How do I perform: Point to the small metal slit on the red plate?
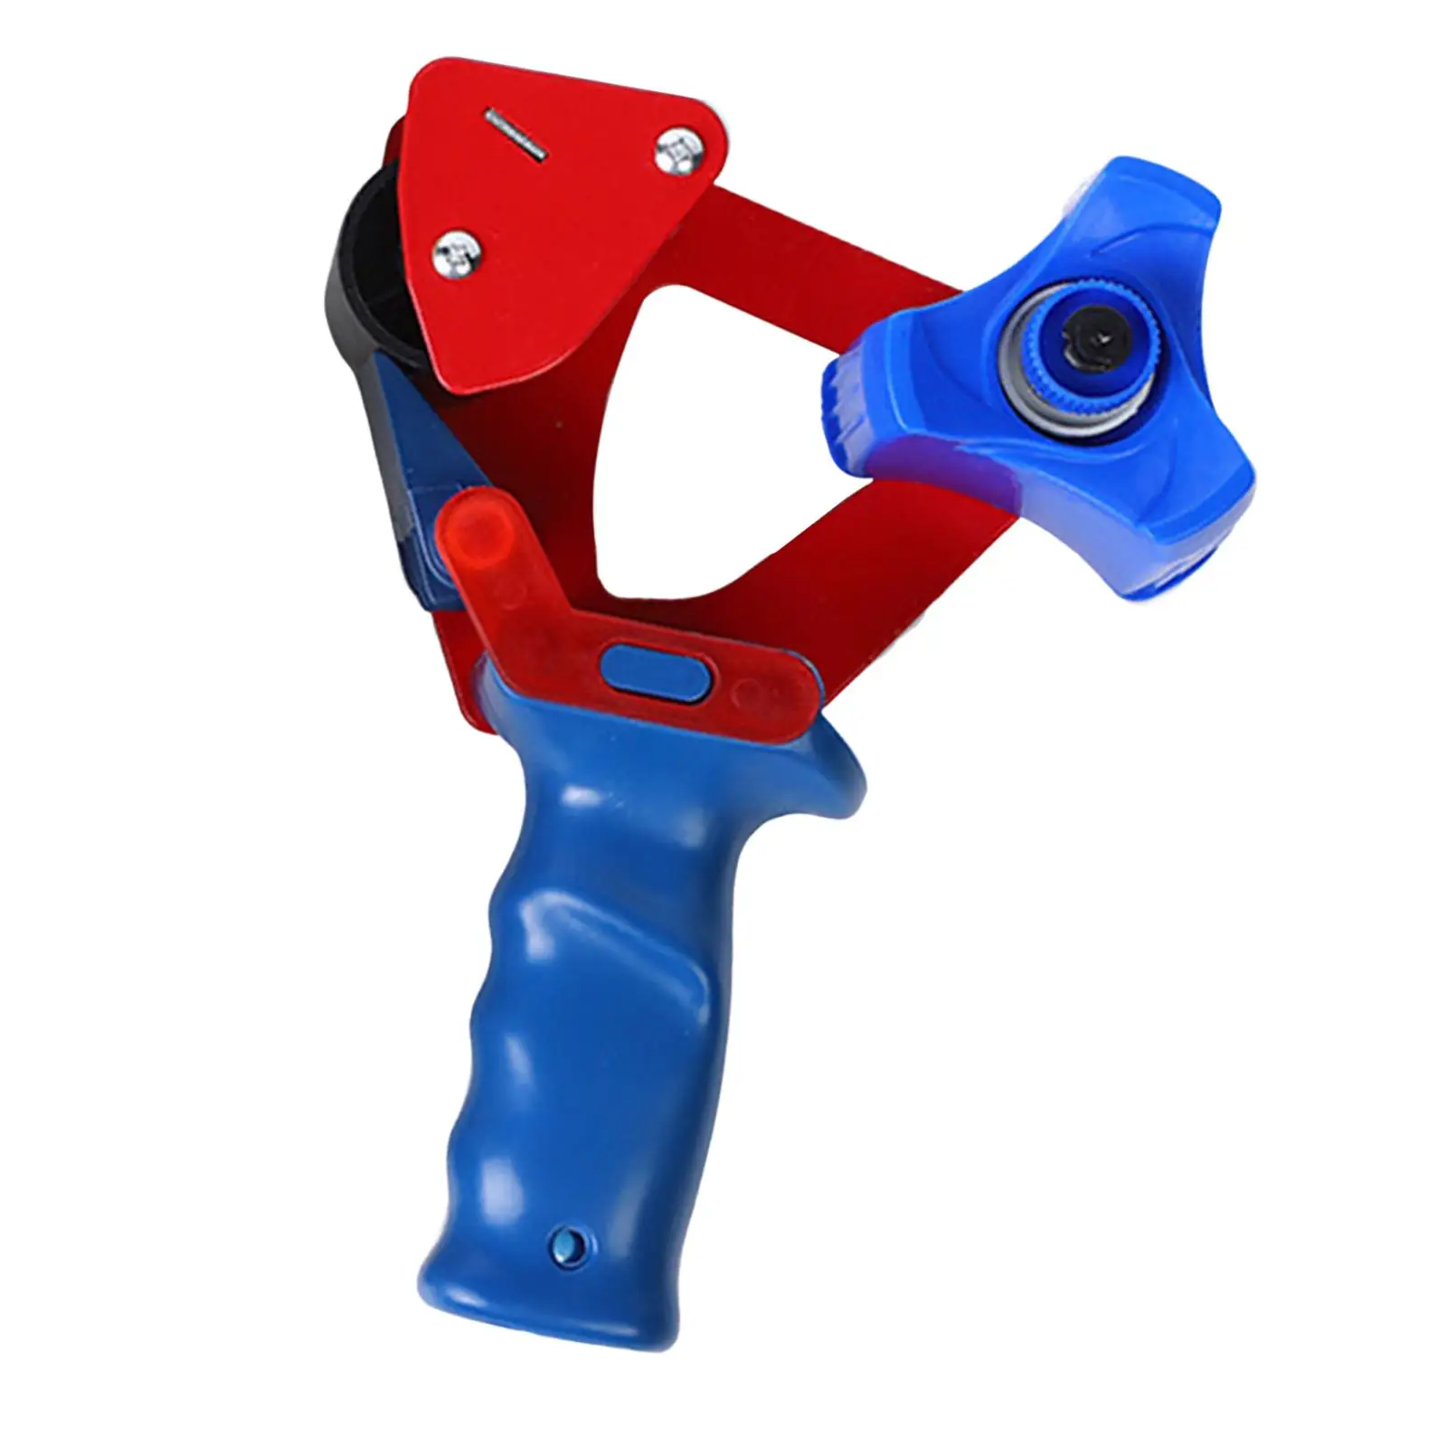pos(517,130)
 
